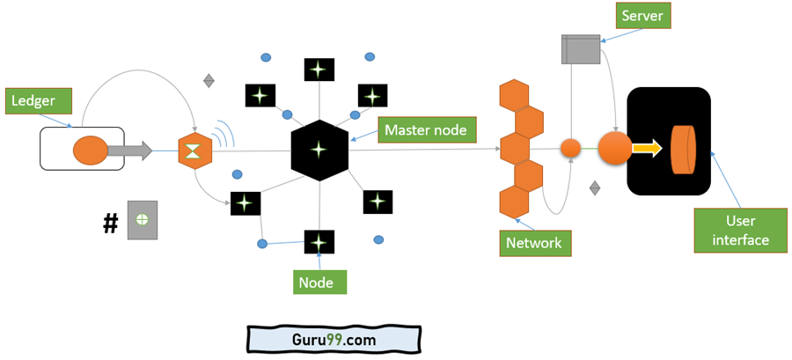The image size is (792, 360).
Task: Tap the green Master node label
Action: pos(425,131)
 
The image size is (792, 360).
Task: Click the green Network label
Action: pos(534,243)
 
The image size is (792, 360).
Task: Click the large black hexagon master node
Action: pos(319,151)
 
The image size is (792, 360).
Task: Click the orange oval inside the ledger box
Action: pos(89,151)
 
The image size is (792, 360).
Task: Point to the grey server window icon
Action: pos(580,49)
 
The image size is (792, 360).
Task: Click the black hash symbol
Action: pos(110,224)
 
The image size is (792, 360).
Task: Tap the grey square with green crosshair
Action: pos(142,218)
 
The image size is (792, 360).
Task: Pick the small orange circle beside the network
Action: pos(571,149)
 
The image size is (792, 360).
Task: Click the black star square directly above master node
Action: pos(319,70)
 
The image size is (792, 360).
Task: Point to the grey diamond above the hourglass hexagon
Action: pos(209,81)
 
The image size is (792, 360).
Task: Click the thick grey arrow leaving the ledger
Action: pos(130,151)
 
